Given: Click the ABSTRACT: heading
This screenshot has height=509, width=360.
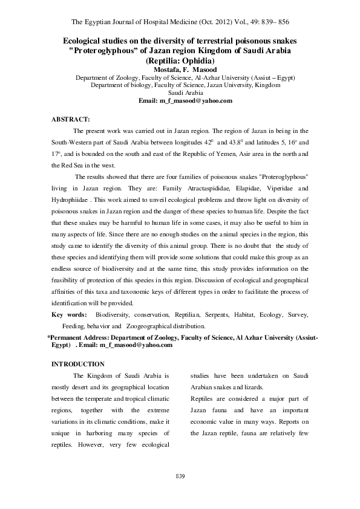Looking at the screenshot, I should click(x=71, y=119).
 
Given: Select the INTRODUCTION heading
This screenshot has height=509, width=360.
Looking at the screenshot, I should click(x=78, y=364).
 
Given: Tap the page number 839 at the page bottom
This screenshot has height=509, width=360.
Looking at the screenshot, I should click(x=180, y=476).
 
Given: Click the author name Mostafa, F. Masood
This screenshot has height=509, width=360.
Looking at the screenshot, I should click(x=180, y=70).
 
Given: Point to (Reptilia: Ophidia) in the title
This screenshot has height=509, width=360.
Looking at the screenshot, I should click(x=180, y=61).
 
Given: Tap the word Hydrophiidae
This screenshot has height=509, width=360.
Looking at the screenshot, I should click(x=71, y=199).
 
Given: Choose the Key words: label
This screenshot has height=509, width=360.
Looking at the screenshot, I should click(x=69, y=315).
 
